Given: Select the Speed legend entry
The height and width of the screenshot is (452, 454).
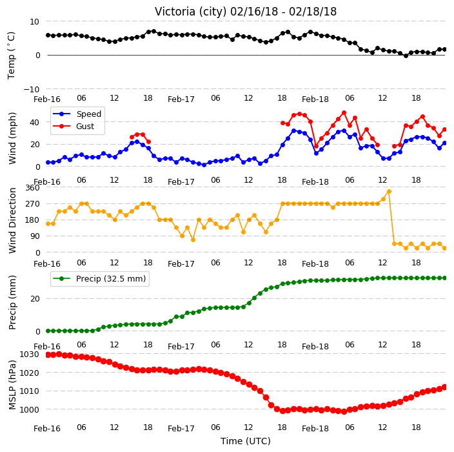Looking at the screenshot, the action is pos(77,114).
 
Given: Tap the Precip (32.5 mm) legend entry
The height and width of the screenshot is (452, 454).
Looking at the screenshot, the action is pos(99,278).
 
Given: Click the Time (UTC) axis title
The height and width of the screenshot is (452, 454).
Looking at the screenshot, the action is pos(246,441).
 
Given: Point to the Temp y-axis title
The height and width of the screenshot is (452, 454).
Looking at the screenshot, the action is pos(11,56).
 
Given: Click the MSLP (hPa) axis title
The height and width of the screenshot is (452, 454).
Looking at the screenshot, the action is pos(12,384).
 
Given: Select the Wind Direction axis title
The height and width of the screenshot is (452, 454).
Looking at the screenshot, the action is pos(12,220).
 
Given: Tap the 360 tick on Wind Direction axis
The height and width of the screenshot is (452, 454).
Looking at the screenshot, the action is pos(32,188).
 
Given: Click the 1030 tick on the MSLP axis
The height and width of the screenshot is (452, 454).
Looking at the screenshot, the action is pos(29,354).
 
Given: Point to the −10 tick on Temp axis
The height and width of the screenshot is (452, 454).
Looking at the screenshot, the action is pos(31,89).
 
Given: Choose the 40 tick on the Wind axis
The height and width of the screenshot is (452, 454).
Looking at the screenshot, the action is pos(34,122).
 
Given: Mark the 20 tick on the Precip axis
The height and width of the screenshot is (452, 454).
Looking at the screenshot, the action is pos(35,298).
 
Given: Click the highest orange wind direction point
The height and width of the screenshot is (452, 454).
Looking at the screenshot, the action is pos(389,191).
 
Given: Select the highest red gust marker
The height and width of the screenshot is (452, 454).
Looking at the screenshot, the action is pos(344,113).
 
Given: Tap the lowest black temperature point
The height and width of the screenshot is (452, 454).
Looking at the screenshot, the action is pos(406,56).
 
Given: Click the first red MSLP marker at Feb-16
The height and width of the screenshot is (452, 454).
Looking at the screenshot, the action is pos(48,355).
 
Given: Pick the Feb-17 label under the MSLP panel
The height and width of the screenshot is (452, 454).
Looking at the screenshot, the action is pos(181,429).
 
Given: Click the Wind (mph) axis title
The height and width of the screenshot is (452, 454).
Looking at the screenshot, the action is pos(12,139).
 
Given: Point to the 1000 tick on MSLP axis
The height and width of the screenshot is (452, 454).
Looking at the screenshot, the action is pos(29,409).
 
